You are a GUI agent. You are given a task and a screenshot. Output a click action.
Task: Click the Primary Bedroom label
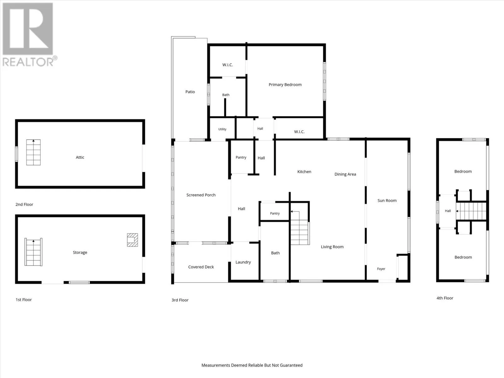285,85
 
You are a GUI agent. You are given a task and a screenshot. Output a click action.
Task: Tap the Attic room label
80,157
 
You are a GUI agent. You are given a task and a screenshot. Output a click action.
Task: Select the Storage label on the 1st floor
80,252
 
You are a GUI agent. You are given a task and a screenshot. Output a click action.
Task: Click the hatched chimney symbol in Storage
133,240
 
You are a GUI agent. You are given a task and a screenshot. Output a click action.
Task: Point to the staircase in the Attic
33,152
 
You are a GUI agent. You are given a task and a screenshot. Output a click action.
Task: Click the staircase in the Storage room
33,252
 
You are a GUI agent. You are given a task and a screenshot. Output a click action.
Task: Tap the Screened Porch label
201,195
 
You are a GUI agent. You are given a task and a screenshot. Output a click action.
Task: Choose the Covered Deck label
201,267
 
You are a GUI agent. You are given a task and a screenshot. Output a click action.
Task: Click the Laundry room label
243,262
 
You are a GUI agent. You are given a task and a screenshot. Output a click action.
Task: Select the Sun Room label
387,200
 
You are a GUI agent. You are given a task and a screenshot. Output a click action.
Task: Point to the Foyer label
381,269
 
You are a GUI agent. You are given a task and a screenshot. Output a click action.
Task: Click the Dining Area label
345,174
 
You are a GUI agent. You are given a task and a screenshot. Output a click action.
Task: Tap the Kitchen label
304,172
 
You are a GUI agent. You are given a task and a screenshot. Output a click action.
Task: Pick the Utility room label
222,129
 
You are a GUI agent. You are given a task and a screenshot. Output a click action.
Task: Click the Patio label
190,92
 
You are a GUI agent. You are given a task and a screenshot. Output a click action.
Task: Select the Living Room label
332,247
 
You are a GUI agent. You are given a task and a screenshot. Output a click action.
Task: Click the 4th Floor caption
445,298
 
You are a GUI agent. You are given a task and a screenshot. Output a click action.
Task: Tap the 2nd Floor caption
24,204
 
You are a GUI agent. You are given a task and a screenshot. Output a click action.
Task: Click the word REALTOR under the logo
28,62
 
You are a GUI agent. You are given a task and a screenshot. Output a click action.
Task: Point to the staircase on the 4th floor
471,211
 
